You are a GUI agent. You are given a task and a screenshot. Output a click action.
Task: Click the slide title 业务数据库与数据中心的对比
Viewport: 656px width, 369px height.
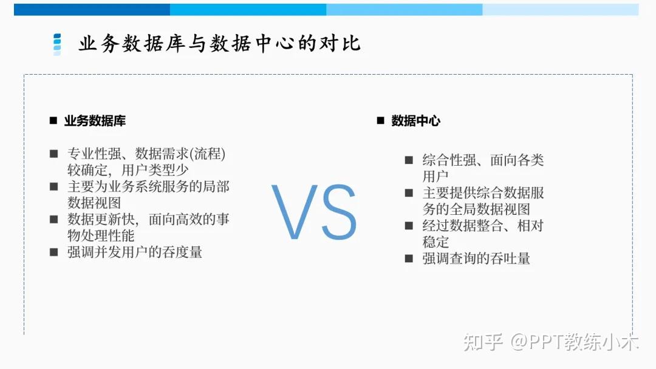tap(219, 44)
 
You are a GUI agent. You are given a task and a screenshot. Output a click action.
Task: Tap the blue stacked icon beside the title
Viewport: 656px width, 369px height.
tap(57, 44)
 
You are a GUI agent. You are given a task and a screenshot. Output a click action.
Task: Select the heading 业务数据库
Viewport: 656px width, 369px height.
tap(95, 121)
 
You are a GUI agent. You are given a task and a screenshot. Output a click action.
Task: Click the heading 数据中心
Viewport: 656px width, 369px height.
tap(415, 121)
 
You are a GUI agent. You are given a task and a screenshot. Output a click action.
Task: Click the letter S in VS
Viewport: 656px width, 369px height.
tap(335, 213)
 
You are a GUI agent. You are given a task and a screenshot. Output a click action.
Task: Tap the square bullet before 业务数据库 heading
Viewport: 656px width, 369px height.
tap(53, 121)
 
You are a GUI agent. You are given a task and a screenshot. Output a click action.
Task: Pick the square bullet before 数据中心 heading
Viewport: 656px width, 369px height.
tap(380, 121)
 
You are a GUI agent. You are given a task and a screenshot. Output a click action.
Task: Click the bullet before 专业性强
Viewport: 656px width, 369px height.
tap(54, 154)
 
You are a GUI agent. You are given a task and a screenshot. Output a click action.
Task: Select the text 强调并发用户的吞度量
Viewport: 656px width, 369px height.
tap(134, 252)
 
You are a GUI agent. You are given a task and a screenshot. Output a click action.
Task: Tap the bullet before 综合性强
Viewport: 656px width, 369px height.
tap(409, 160)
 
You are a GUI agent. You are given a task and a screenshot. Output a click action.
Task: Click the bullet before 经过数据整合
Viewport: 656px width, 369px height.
tap(409, 226)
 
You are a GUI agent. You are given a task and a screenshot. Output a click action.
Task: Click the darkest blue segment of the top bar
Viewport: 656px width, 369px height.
tap(92, 9)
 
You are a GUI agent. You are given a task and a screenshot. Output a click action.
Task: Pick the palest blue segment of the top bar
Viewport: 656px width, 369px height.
tap(560, 9)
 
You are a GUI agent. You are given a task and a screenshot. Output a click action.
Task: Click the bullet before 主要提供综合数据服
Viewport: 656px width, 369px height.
tap(409, 193)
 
